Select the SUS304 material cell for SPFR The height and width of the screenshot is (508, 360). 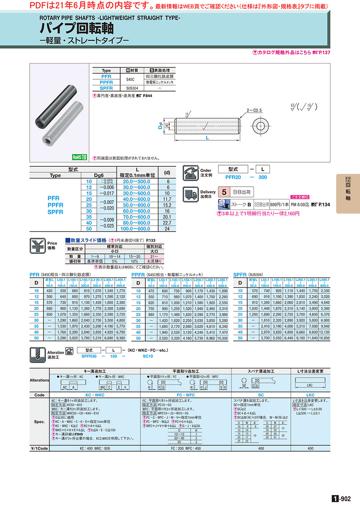(x=131, y=88)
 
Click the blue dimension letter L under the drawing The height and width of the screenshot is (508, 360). (x=207, y=137)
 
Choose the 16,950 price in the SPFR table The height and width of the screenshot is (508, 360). (x=324, y=338)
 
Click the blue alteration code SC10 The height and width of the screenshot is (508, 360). (x=148, y=356)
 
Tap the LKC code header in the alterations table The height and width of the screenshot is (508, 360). (x=310, y=394)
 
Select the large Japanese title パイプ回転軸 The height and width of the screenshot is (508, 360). (x=76, y=28)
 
